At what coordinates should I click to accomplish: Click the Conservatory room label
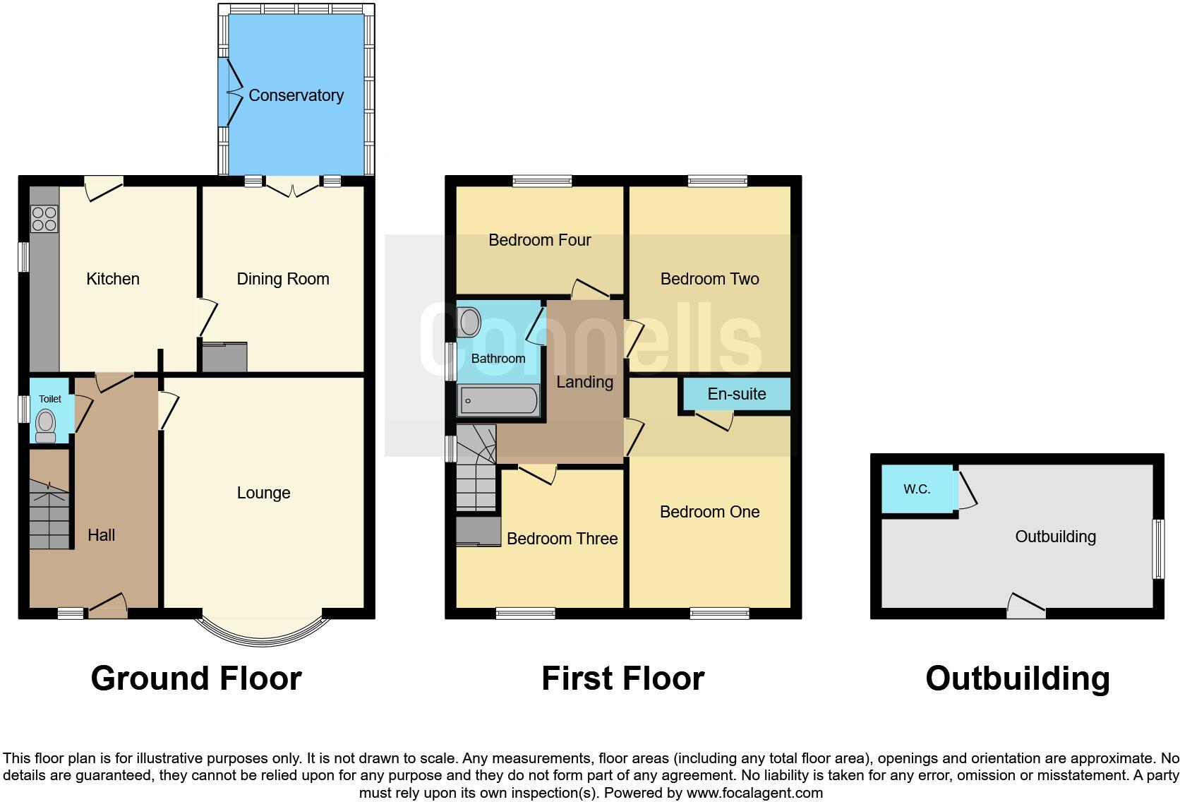(x=296, y=95)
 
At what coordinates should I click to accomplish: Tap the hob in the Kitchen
(x=44, y=218)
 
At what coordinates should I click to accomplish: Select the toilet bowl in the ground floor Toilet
(x=46, y=424)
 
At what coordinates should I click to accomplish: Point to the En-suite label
(x=736, y=394)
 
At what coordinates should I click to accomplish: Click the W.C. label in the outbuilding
(x=917, y=489)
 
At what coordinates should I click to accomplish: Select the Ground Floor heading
(x=196, y=678)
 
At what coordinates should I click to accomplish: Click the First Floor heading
(x=622, y=678)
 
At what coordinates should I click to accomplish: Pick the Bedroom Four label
(x=539, y=240)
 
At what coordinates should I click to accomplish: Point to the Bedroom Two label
(x=709, y=279)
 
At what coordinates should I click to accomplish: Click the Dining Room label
(x=282, y=279)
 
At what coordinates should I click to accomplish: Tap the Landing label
(x=584, y=382)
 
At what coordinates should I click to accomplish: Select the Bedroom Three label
(x=562, y=539)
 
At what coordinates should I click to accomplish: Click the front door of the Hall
(x=107, y=606)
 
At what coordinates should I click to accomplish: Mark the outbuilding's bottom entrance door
(x=1025, y=606)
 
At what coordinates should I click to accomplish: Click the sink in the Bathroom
(x=469, y=323)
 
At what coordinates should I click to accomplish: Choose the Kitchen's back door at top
(x=103, y=188)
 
